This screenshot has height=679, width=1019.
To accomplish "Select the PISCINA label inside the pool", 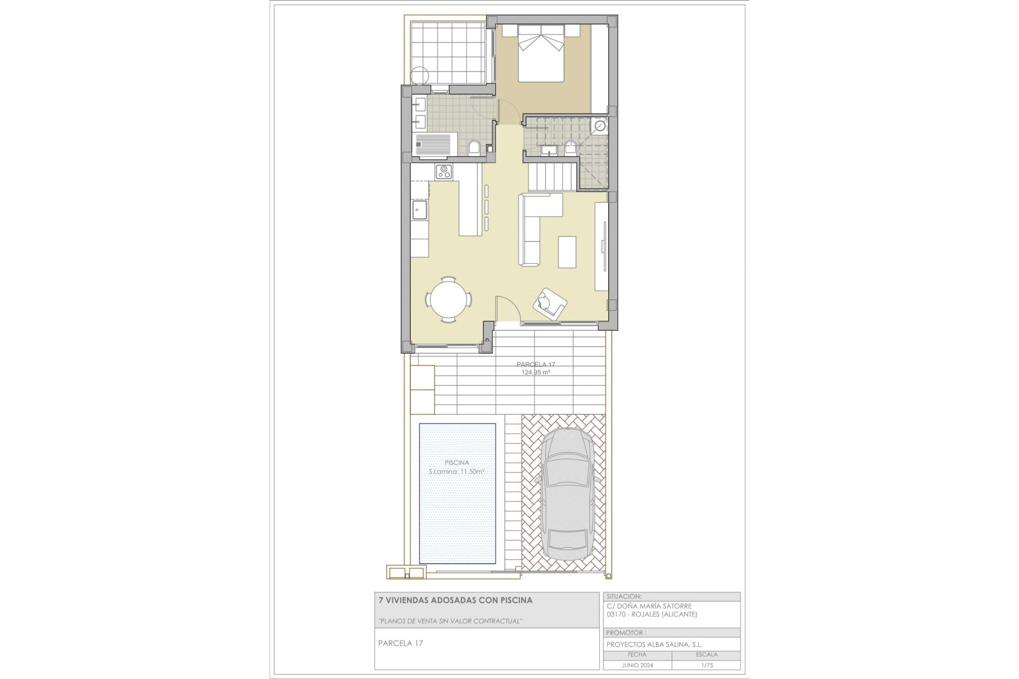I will (456, 463).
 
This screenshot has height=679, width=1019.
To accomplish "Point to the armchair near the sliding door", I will (550, 303).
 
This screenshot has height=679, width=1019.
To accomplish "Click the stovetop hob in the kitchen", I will (444, 172).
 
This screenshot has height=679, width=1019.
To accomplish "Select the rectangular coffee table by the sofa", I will (567, 251).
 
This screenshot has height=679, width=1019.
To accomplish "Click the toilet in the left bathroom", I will (474, 147).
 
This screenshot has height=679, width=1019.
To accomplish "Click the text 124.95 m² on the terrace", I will (535, 372).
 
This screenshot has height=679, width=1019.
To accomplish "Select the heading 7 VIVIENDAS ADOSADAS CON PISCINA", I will (455, 600).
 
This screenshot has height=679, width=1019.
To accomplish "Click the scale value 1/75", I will (706, 665).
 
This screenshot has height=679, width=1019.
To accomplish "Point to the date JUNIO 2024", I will (637, 665).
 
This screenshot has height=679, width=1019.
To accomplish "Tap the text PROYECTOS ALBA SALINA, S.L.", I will (654, 645).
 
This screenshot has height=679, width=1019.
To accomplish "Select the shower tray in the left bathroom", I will (434, 146).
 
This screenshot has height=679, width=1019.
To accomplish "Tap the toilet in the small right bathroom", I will (571, 147).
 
